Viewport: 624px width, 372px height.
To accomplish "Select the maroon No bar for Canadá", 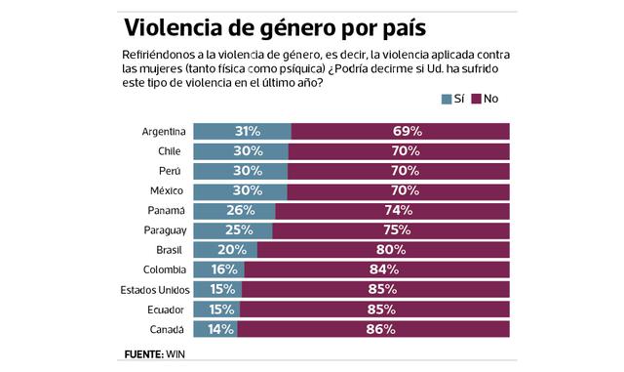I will pyautogui.click(x=373, y=329).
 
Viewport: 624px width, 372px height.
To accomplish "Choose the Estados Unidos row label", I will pyautogui.click(x=153, y=289).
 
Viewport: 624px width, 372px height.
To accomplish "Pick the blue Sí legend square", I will pyautogui.click(x=447, y=100).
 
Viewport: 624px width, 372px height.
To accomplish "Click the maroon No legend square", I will pyautogui.click(x=477, y=100).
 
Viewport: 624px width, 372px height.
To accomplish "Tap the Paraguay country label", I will pyautogui.click(x=163, y=230).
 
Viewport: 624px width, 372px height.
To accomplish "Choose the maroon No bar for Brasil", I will pyautogui.click(x=383, y=250).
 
